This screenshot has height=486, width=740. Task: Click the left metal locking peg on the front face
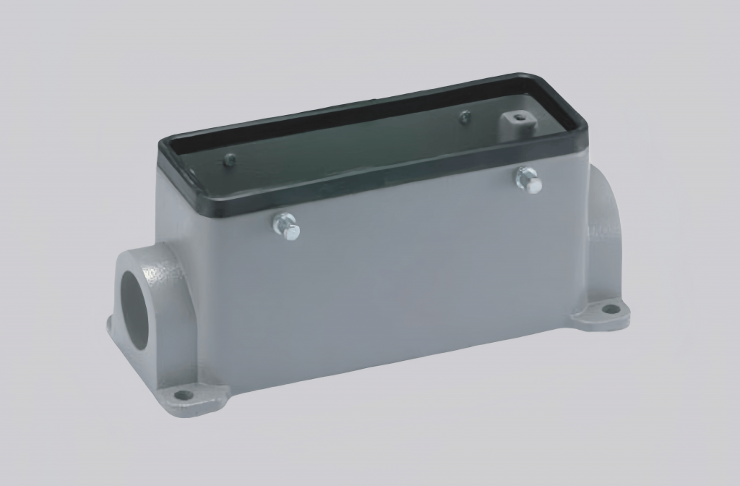pyautogui.click(x=287, y=227)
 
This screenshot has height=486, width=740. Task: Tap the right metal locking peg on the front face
pyautogui.click(x=529, y=179)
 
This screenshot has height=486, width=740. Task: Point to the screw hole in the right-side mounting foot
pyautogui.click(x=611, y=309)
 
